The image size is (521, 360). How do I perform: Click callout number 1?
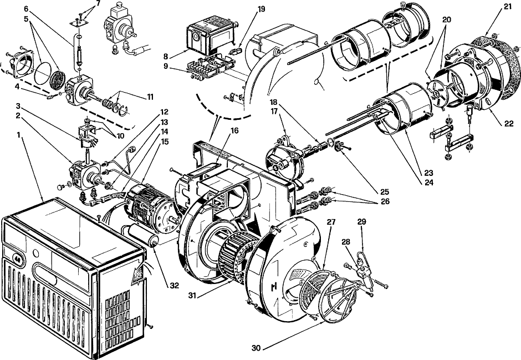(19, 135)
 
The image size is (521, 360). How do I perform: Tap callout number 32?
(174, 285)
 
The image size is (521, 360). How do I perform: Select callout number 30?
(256, 348)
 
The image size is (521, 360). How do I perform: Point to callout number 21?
(507, 6)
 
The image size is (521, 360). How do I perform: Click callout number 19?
(261, 9)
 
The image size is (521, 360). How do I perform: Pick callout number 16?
(234, 131)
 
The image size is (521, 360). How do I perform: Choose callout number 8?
(166, 57)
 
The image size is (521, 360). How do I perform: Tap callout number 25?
(385, 192)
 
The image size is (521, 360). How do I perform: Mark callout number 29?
(361, 221)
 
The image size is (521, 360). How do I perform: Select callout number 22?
(509, 124)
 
